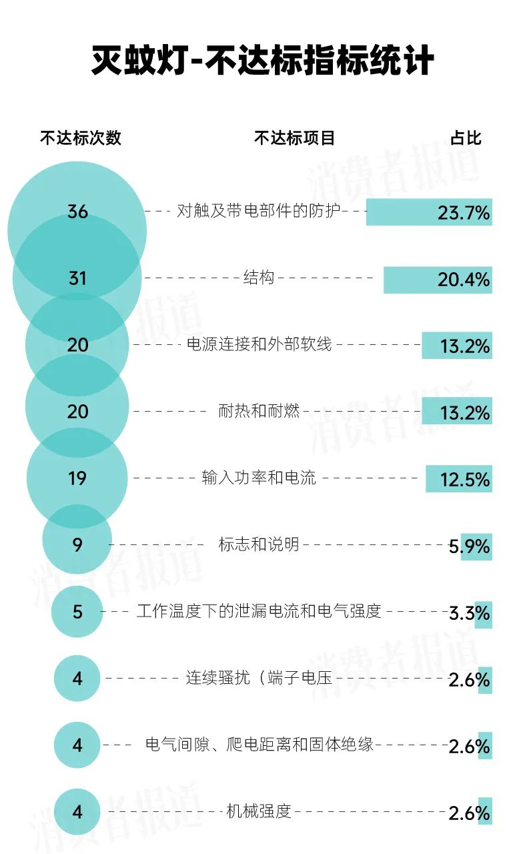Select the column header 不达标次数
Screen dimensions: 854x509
pyautogui.click(x=81, y=138)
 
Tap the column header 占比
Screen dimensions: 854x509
pyautogui.click(x=465, y=138)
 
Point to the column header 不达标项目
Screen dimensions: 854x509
pyautogui.click(x=294, y=138)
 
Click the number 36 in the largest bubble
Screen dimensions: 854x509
pyautogui.click(x=77, y=211)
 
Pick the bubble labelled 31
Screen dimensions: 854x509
pyautogui.click(x=77, y=278)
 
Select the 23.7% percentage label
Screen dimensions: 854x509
pyautogui.click(x=464, y=213)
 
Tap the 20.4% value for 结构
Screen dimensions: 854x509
pyautogui.click(x=464, y=280)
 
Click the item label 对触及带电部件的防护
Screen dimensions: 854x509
pyautogui.click(x=259, y=211)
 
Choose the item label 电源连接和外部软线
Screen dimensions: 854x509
pyautogui.click(x=260, y=345)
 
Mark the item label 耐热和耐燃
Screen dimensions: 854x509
pyautogui.click(x=259, y=411)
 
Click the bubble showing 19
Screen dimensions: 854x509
pyautogui.click(x=77, y=478)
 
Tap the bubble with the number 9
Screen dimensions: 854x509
pyautogui.click(x=77, y=544)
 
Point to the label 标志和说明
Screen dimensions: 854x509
pyautogui.click(x=259, y=544)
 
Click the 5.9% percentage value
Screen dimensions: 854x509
pyautogui.click(x=470, y=546)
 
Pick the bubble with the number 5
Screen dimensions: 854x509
pyautogui.click(x=77, y=611)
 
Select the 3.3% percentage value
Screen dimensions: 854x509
pyautogui.click(x=470, y=613)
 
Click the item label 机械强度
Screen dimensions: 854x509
pyautogui.click(x=259, y=811)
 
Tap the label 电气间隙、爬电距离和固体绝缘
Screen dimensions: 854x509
pyautogui.click(x=260, y=745)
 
